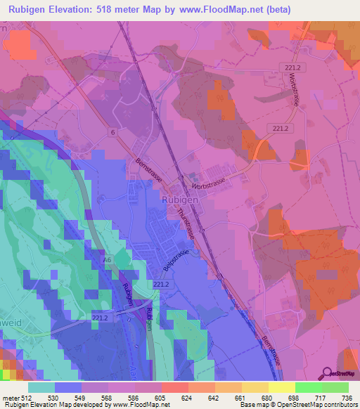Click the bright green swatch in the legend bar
pos(309,387)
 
